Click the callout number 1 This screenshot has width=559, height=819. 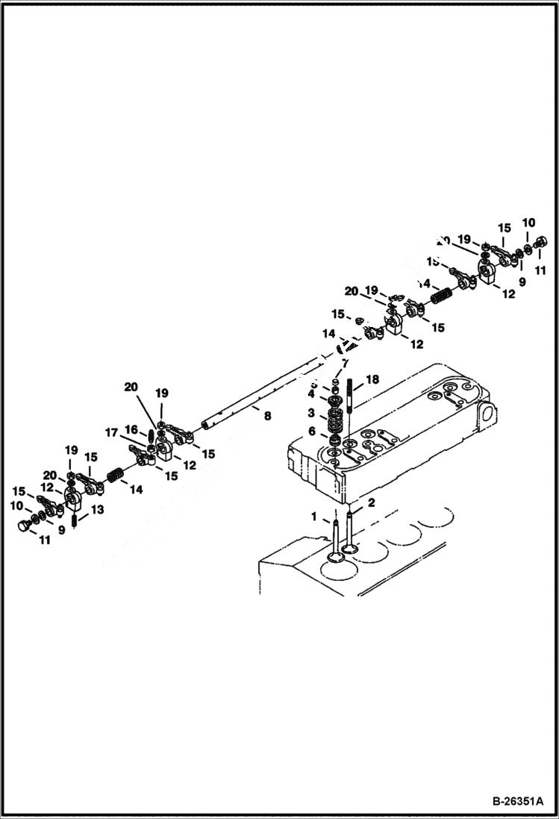tap(314, 516)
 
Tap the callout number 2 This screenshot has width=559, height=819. tap(370, 502)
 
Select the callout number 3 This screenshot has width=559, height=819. tap(311, 413)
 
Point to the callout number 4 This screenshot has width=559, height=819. tap(311, 393)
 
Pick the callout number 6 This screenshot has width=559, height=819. tap(311, 432)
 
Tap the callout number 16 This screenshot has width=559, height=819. tap(131, 430)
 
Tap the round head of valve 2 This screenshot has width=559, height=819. tap(349, 552)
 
